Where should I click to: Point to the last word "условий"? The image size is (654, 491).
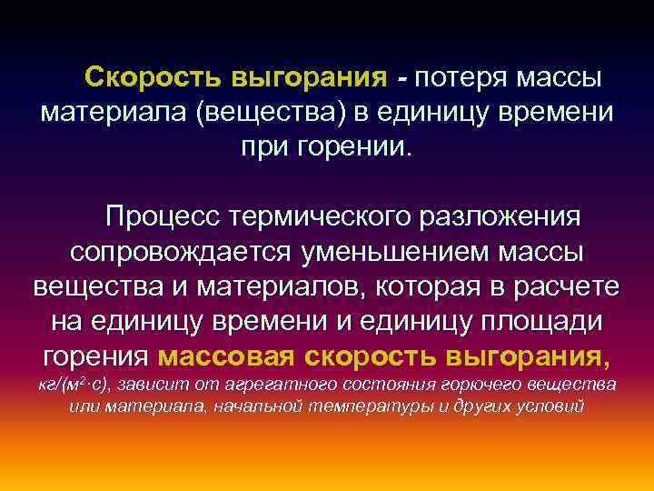(550, 406)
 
